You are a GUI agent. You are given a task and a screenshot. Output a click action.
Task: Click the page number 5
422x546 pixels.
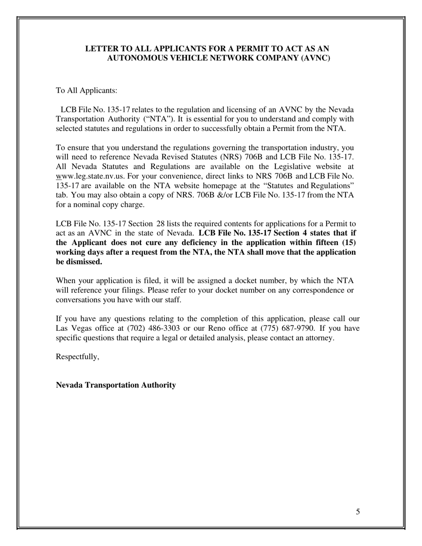click(358, 512)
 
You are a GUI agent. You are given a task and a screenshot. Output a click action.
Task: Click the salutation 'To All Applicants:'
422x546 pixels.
click(86, 91)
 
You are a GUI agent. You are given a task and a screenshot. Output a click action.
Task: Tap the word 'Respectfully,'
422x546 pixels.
click(77, 356)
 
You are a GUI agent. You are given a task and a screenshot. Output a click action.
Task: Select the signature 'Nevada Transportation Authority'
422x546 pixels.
click(115, 385)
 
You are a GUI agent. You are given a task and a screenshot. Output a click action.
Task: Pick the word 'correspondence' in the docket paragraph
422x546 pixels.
click(318, 290)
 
